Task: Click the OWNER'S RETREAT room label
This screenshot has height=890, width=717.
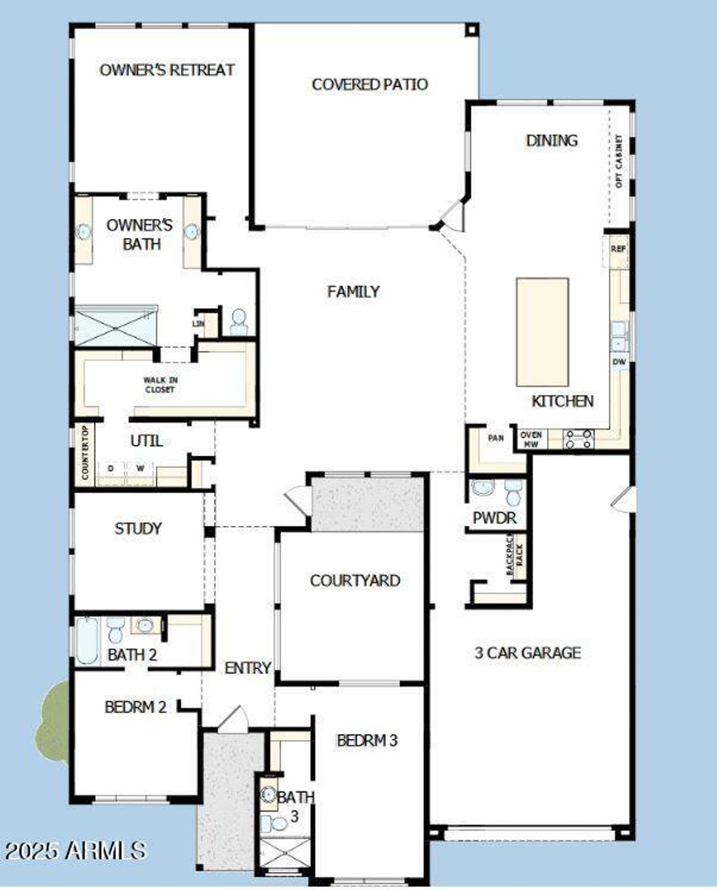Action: coord(167,70)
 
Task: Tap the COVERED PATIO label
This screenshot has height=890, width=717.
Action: coord(370,85)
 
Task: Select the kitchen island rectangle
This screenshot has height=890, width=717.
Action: coord(542,332)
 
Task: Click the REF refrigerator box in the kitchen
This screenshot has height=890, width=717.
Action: coord(618,249)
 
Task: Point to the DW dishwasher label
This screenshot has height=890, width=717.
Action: coord(619,362)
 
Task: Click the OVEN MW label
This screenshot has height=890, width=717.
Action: coord(530,439)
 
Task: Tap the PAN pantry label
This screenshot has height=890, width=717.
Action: coord(496,438)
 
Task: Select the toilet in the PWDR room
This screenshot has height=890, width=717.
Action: coord(513,492)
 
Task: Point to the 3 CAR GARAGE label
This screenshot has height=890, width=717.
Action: coord(528,653)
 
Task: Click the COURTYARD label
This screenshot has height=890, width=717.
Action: coord(355,581)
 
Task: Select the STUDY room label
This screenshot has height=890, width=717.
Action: coord(138,529)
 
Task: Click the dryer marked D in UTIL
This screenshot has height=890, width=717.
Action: coord(111,468)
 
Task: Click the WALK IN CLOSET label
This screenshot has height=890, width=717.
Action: coord(160,385)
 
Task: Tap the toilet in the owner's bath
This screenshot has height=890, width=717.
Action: coord(239,322)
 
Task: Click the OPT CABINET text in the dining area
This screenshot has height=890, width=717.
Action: coord(619,161)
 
